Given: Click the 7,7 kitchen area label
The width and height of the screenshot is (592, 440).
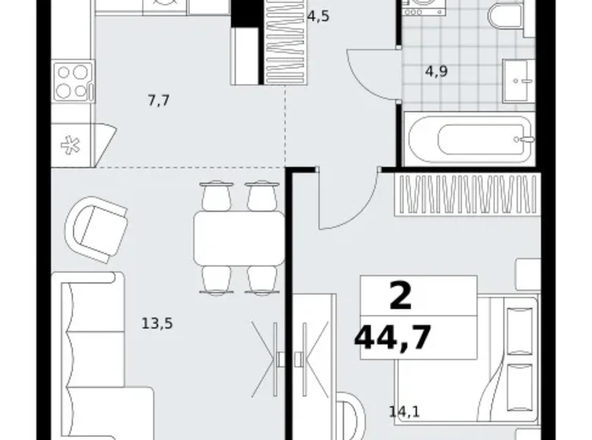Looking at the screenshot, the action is tap(159, 101).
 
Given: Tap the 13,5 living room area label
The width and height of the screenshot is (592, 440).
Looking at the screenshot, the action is tap(157, 323).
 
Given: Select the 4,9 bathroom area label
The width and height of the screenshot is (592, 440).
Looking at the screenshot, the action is tap(436, 71).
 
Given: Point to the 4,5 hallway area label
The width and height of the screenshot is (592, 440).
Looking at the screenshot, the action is tap(318, 17).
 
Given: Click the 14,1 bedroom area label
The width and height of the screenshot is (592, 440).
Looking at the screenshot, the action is tap(405, 411).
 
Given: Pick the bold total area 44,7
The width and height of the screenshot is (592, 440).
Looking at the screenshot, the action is tap(392, 337).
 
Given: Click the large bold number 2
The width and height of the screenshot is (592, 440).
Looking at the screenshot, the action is tap(401, 296).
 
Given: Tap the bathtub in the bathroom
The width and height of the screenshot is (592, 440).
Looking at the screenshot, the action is tap(469, 139).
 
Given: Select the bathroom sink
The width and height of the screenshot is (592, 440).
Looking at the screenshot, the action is tap(518, 80).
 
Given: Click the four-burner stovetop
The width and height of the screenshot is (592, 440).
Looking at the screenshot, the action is tap(74, 82).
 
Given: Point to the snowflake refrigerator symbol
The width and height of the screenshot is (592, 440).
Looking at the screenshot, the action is tap(71, 146).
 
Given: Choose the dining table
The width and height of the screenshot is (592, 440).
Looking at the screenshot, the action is tap(239, 237).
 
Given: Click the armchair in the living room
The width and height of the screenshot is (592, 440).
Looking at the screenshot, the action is tap(96, 229).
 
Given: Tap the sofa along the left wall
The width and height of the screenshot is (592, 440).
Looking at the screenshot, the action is tap(102, 356).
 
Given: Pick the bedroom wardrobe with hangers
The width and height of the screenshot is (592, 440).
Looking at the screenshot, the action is tap(468, 194).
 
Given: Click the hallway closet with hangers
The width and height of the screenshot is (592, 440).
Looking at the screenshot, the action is tap(285, 42).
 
